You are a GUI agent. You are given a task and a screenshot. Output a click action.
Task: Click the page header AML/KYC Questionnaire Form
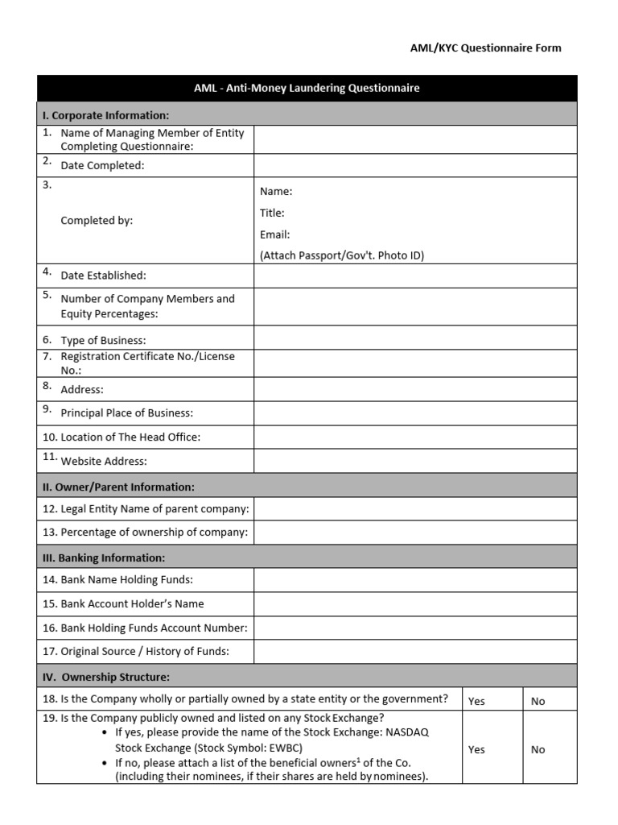pos(485,48)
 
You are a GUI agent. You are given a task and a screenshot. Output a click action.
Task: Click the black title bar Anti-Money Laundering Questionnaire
pos(307,89)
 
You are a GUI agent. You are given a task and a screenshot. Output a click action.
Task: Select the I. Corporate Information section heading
pos(105,115)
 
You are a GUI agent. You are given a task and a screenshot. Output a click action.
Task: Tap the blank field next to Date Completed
pos(415,165)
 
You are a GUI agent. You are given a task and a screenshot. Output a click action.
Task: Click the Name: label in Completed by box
pos(276,192)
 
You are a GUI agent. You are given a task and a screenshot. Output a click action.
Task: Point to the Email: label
pos(274,234)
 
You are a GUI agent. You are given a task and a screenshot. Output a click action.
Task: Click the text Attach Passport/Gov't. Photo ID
pos(342,255)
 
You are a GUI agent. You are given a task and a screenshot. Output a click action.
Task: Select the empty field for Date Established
pos(415,276)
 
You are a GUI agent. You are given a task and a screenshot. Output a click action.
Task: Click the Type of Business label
pos(103,340)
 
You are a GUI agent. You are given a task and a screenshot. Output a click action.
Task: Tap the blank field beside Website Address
pos(415,461)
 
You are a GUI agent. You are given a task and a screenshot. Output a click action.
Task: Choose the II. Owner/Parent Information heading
pos(118,487)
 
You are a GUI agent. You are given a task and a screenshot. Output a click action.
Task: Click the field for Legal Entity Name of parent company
pos(415,509)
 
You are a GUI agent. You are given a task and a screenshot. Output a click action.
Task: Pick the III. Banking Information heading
pos(104,558)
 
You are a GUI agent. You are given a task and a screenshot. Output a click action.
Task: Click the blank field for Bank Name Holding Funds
pos(415,580)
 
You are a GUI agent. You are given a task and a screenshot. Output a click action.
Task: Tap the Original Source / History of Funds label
pos(145,651)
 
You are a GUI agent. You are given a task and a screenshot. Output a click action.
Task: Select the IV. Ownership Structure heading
pos(106,677)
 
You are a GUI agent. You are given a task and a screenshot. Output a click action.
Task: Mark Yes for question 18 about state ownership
pos(477,701)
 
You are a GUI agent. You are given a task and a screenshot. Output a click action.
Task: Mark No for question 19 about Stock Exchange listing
pos(538,749)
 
